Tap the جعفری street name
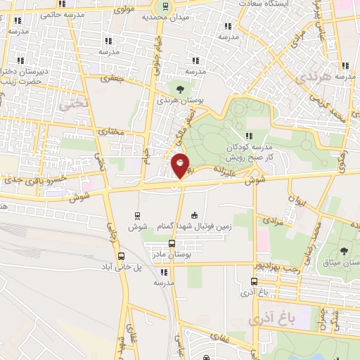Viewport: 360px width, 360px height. point(111,79)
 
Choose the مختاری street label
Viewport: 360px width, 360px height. point(111,130)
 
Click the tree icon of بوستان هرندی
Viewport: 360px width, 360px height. point(181,89)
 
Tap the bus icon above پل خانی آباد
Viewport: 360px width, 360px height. point(122,256)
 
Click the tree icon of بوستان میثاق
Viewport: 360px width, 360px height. point(344,251)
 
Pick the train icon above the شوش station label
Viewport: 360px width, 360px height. point(136,216)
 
